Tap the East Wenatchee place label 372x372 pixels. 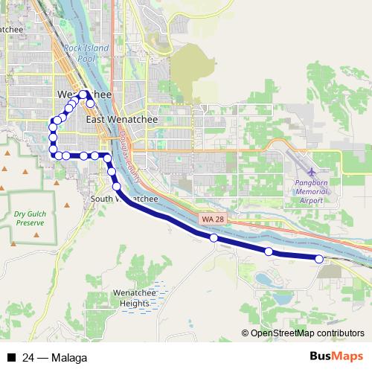[114, 118]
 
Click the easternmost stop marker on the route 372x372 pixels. [319, 259]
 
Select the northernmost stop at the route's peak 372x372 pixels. [84, 94]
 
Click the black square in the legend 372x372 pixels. [10, 357]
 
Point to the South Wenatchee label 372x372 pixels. [123, 199]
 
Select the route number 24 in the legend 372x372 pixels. [28, 357]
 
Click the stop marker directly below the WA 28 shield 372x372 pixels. [214, 238]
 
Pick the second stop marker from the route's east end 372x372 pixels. [269, 251]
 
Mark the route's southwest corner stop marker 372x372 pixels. [54, 154]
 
